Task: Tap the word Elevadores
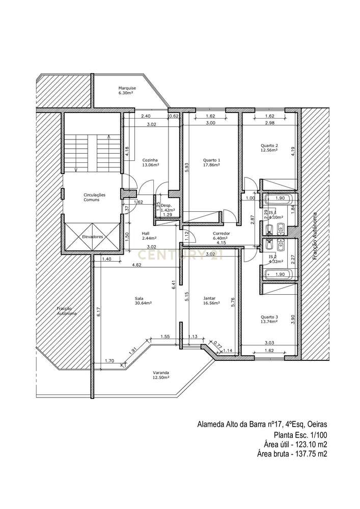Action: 92,237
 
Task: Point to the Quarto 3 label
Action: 269,319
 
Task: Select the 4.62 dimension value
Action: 136,265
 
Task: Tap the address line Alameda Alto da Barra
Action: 262,424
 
